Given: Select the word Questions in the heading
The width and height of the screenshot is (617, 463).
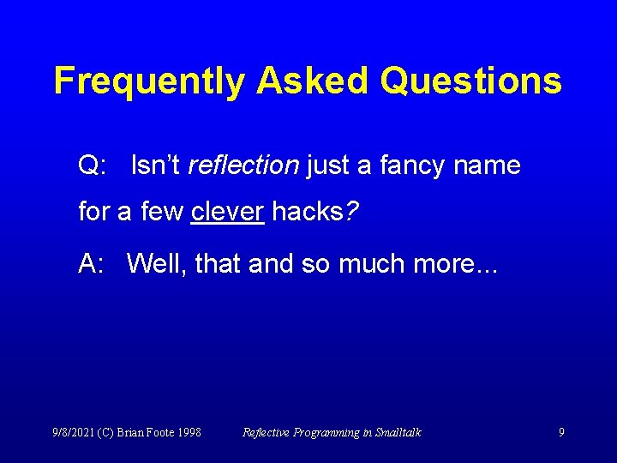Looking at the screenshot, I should pos(470,81).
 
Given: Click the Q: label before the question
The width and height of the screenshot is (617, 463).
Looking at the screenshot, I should pos(92,165).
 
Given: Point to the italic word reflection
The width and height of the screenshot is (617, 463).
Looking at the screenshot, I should pos(243,165).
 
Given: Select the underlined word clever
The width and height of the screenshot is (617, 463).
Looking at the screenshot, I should pos(227,212).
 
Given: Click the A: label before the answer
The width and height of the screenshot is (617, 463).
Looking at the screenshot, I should pos(91,263).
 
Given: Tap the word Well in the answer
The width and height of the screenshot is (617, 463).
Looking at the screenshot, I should pos(157,263).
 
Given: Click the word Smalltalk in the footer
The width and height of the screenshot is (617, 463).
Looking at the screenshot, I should pos(398,432).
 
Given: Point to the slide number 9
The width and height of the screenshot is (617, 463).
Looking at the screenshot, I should pos(561,432).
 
